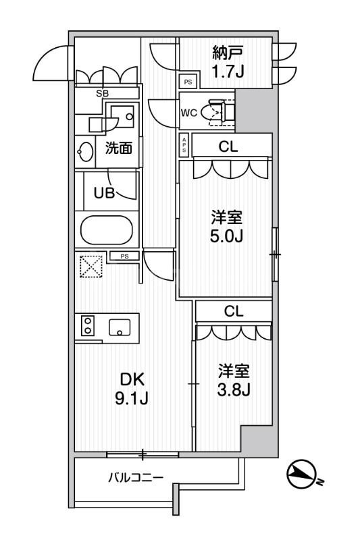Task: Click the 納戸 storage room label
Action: [x=227, y=52]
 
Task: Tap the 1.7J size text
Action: [x=227, y=70]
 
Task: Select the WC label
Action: [x=188, y=113]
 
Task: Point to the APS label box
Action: [x=184, y=144]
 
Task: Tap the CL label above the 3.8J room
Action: [x=234, y=312]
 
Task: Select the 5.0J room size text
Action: [x=226, y=227]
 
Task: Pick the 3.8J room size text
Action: [x=234, y=380]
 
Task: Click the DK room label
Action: [x=132, y=379]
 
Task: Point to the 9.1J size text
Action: [x=132, y=398]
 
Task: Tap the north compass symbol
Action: [x=301, y=474]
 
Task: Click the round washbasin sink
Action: [x=86, y=151]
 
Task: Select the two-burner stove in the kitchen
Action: [x=87, y=325]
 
